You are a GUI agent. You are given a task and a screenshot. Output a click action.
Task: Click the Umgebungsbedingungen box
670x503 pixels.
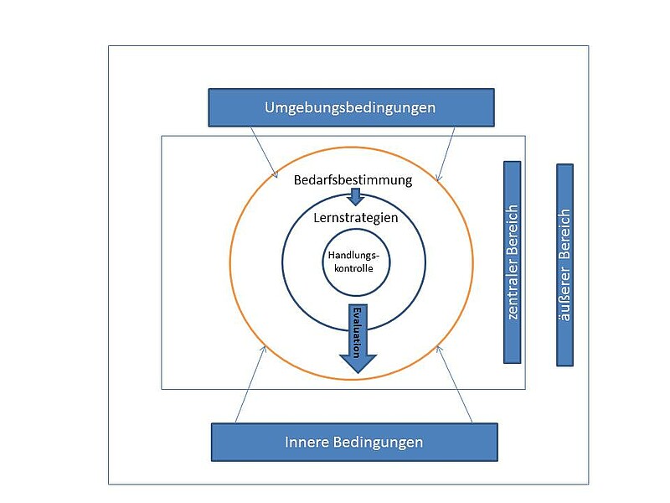[351, 107]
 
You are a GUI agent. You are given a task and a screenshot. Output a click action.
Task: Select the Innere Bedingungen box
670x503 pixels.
[353, 442]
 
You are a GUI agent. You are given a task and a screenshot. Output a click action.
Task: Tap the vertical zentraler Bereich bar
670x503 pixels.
[512, 262]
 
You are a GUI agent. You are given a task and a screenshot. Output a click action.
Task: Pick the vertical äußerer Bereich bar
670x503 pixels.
[564, 264]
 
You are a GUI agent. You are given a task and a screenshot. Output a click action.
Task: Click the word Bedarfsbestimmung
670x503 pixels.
[353, 179]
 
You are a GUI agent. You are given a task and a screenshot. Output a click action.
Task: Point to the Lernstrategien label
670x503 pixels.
[355, 217]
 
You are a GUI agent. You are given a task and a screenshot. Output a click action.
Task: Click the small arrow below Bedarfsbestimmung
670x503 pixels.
[356, 197]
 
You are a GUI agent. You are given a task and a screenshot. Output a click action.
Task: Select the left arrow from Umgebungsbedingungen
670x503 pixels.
[264, 152]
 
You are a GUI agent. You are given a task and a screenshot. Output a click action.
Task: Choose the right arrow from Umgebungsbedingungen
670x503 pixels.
[446, 153]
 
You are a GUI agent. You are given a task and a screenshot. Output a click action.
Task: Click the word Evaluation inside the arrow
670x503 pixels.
[358, 331]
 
